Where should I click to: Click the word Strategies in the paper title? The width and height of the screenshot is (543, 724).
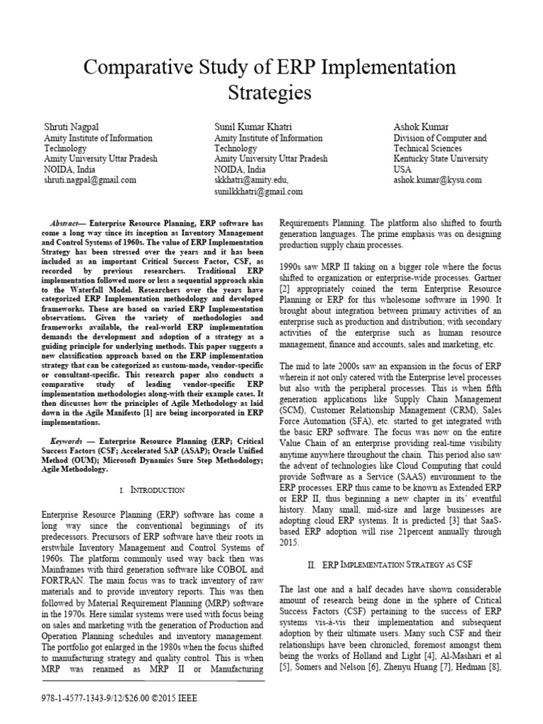coord(271,92)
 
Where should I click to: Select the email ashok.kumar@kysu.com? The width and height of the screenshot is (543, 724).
coord(438,180)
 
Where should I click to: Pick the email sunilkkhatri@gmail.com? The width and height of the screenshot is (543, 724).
coord(259,191)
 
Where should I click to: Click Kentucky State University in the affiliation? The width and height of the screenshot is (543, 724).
coord(440,159)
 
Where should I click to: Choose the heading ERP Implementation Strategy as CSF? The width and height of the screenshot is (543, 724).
coord(398,566)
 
